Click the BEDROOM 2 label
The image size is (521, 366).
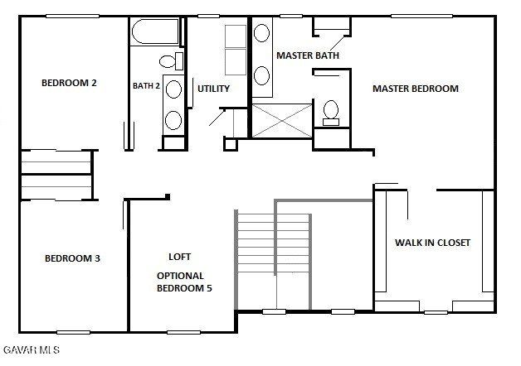coord(70,83)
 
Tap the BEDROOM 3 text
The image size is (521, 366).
coord(72,258)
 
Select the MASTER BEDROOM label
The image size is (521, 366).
coord(415,89)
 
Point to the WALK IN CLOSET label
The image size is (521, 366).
coord(432,243)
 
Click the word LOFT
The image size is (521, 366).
coord(180,257)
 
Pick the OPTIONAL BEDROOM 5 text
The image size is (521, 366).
coord(180,282)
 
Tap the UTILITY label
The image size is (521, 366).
coord(213,89)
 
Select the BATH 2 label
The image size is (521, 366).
coord(146,85)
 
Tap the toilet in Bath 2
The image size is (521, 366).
coord(168,60)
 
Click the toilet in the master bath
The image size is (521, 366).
coord(332,111)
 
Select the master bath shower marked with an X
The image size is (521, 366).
coord(283,121)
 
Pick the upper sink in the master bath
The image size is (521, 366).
coord(261,34)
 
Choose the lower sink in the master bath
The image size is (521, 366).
coord(261,75)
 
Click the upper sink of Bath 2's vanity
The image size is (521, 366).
coord(173,89)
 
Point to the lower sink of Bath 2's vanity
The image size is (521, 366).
coord(173,119)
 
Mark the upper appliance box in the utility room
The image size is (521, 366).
coord(236,37)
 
